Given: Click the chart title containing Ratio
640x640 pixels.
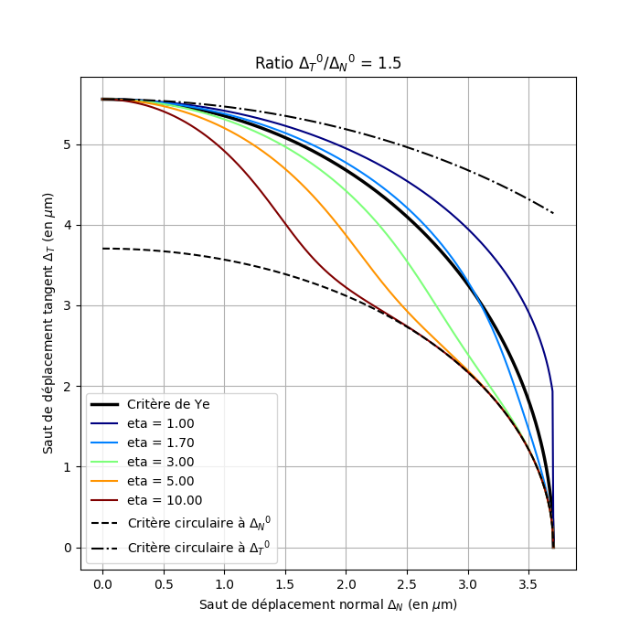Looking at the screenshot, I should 328,63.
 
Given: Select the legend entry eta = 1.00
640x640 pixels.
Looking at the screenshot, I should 160,423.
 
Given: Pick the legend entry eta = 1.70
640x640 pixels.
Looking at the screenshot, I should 160,443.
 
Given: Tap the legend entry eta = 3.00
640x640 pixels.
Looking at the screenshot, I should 160,462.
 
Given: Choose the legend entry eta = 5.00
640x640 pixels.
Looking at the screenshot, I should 160,481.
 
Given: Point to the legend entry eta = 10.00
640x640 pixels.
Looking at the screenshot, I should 165,500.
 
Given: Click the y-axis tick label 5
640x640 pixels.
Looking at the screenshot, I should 68,144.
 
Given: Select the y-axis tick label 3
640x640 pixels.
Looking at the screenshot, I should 68,305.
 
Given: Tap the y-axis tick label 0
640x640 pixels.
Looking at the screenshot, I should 68,548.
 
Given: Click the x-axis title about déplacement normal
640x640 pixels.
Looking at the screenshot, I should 328,604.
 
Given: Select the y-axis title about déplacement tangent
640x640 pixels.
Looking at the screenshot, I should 48,323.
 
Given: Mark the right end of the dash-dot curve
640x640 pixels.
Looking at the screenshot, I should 553,213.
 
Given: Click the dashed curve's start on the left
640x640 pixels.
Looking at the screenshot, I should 102,248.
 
